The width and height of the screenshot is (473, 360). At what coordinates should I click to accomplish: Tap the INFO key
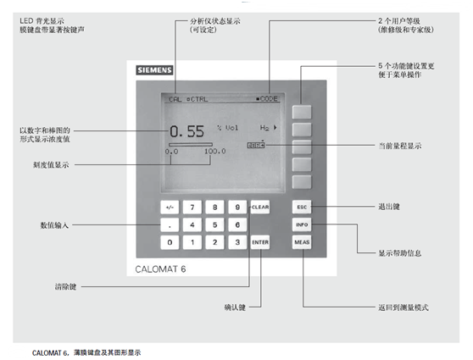[303, 224]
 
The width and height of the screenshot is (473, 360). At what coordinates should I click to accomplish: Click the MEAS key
[303, 242]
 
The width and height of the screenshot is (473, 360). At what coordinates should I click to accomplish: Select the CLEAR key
[260, 207]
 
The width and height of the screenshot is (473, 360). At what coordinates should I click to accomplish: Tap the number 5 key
[215, 224]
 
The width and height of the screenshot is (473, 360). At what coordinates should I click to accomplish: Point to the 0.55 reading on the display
[186, 131]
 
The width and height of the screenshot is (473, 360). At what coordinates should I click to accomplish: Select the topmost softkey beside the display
[303, 110]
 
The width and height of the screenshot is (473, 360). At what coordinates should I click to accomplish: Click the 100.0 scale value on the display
[214, 151]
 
